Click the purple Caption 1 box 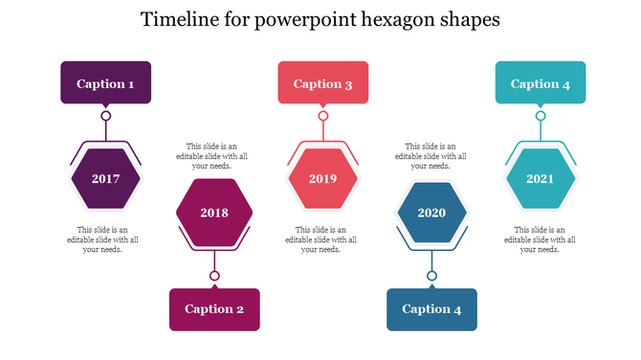pos(105,83)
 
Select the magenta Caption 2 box pos(214,308)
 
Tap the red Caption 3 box pos(323,83)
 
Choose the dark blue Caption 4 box pos(431,308)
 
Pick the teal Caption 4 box pos(541,83)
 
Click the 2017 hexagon pos(105,179)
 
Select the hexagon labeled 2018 pos(214,213)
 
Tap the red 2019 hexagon pos(323,179)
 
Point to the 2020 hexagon pos(431,213)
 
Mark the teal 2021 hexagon pos(541,179)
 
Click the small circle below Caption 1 pos(105,116)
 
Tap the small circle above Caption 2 pos(214,276)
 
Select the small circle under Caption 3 pos(323,116)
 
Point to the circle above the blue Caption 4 pos(431,276)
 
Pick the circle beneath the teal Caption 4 pos(541,116)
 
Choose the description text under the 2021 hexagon pos(540,239)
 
